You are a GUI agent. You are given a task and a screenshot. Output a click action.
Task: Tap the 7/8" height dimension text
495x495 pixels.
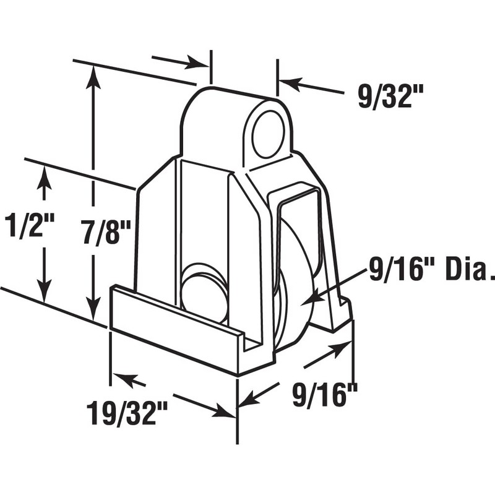tap(106, 234)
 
